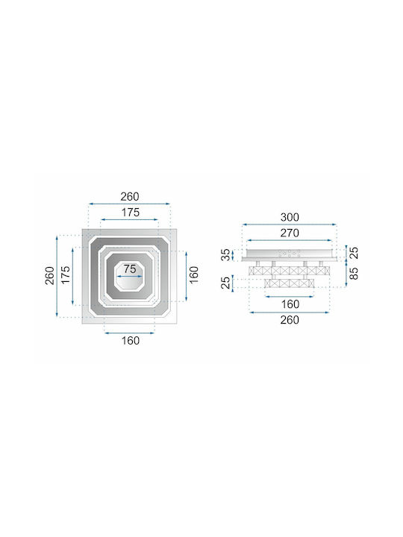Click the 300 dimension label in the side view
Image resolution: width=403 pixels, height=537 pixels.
(x=290, y=217)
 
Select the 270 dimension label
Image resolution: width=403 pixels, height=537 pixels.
(x=290, y=233)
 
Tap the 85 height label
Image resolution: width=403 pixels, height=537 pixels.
(x=354, y=273)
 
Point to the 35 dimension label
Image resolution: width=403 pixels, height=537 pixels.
(x=226, y=255)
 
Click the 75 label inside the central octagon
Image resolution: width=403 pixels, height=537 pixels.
(x=130, y=268)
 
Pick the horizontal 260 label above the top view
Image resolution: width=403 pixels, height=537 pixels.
(x=130, y=197)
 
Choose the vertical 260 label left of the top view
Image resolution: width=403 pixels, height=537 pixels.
(x=50, y=275)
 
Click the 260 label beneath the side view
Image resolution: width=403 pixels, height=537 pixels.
(x=290, y=320)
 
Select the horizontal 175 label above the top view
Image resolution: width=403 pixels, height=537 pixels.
(x=130, y=213)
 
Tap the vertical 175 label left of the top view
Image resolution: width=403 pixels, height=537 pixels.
(x=66, y=274)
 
